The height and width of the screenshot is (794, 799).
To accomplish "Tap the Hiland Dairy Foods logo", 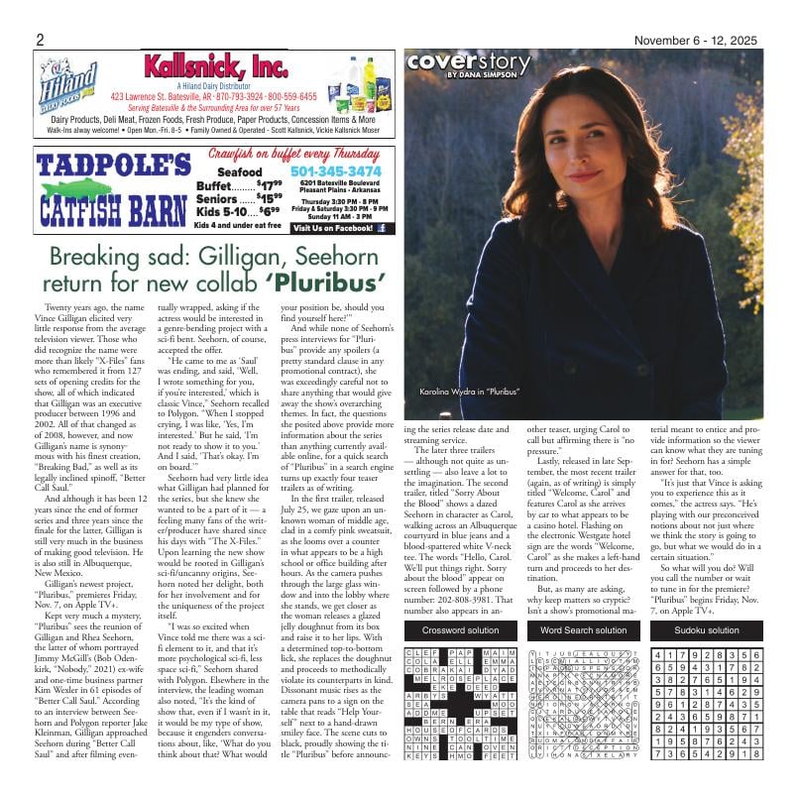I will point(68,84).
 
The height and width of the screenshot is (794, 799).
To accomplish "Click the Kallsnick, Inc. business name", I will point(215,67).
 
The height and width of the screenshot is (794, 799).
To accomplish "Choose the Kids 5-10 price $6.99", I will point(268,211).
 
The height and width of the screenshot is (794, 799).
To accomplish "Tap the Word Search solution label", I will point(584,603).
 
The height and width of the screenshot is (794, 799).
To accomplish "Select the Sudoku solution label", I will point(707,603).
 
